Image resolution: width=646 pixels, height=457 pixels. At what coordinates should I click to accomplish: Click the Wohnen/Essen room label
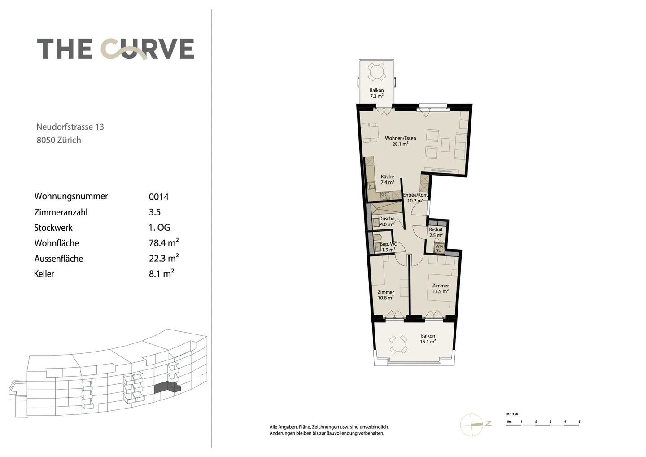400,141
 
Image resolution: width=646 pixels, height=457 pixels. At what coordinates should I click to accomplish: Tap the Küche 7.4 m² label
387,180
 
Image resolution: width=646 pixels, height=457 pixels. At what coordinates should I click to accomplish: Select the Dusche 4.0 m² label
387,221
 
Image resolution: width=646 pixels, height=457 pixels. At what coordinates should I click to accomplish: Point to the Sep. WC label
388,247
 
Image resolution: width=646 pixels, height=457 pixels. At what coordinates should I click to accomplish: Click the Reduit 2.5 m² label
436,232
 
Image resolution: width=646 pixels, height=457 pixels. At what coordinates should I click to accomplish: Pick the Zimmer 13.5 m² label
440,288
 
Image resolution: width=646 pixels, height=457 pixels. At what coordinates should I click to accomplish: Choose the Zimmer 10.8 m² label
386,294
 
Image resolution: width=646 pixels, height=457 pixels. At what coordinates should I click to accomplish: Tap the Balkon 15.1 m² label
428,338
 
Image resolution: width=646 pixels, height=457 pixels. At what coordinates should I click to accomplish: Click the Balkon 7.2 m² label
376,93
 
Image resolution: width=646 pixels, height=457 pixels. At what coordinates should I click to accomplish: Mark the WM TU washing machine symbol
439,248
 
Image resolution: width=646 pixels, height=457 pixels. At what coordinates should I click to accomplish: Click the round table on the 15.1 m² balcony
397,345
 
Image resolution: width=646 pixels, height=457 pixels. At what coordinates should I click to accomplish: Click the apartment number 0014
159,197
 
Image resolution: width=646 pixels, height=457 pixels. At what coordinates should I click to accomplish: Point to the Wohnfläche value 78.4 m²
164,243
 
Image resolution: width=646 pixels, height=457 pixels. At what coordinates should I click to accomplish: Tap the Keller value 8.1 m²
161,273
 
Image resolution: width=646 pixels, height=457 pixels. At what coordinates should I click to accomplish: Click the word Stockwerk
53,228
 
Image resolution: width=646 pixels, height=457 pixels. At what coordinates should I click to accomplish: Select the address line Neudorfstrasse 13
70,127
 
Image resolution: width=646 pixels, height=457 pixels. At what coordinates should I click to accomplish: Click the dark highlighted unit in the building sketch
167,388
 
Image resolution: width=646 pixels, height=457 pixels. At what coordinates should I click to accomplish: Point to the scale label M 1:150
512,414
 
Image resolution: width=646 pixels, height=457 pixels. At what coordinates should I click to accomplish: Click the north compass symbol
473,424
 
